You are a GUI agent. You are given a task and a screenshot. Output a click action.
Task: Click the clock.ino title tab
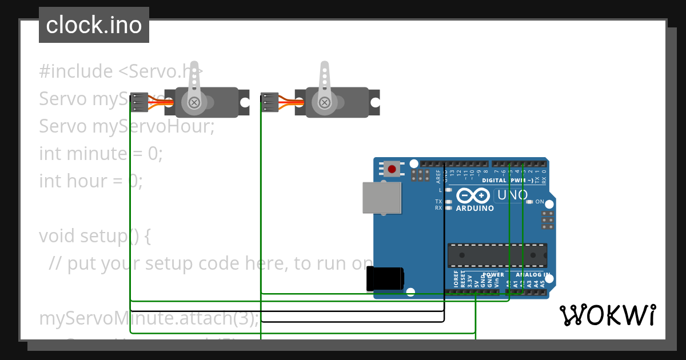[x=94, y=25]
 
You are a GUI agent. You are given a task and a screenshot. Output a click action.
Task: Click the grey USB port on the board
[x=381, y=197]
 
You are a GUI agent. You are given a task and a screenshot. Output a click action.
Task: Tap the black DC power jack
[x=385, y=278]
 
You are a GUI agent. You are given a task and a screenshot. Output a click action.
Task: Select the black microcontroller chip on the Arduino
[x=497, y=255]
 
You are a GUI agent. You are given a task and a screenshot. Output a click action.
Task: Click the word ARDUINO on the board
[x=474, y=209]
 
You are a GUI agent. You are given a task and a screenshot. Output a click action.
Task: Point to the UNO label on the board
[x=512, y=195]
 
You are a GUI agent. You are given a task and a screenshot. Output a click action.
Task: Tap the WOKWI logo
[x=607, y=315]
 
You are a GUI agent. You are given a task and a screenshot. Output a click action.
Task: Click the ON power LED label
[x=540, y=202]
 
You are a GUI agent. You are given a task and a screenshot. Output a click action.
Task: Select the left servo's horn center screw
[x=194, y=102]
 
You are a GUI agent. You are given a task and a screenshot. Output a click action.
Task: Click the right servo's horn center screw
[x=325, y=102]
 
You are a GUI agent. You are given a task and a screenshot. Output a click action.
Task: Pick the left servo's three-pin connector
[x=139, y=102]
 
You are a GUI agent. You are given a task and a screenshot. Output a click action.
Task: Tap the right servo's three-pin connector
[x=269, y=102]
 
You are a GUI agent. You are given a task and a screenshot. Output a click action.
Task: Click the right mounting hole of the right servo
[x=375, y=102]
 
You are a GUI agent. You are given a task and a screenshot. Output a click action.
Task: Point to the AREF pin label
[x=438, y=175]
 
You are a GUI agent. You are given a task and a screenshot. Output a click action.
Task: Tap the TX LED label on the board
[x=438, y=201]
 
